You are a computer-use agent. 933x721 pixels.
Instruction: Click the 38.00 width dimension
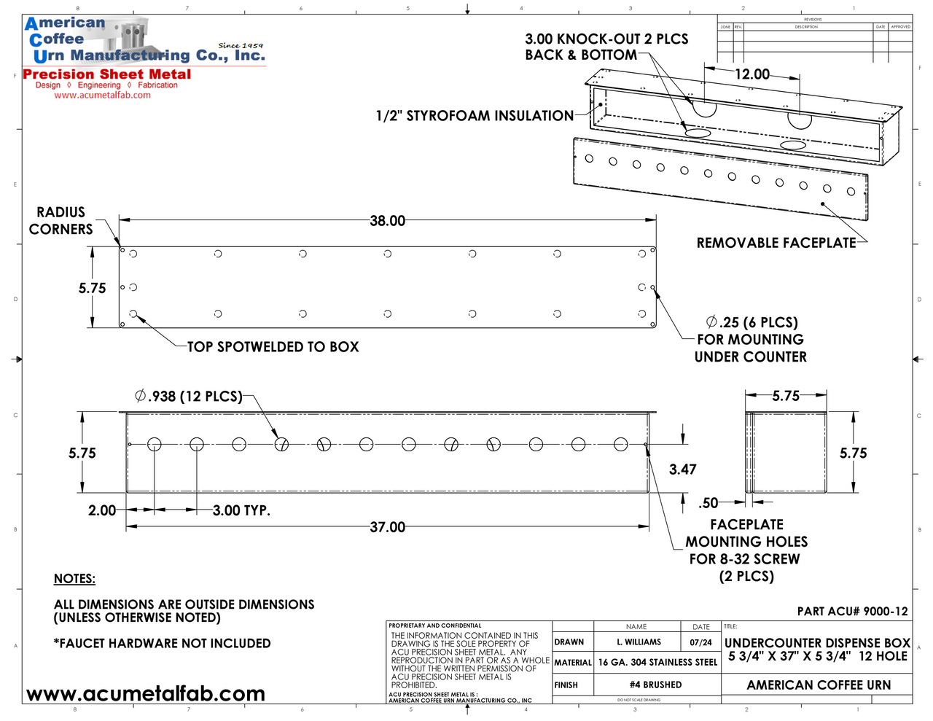(x=387, y=221)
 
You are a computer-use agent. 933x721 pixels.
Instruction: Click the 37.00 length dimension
(x=387, y=527)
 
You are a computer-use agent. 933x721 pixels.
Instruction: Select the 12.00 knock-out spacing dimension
(x=752, y=74)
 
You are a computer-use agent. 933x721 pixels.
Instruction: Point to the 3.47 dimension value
(x=683, y=469)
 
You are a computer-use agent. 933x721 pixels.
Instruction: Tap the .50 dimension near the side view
(x=708, y=503)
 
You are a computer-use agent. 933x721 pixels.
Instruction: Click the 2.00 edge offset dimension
(x=102, y=510)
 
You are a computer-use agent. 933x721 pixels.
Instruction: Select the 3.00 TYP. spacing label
(x=241, y=510)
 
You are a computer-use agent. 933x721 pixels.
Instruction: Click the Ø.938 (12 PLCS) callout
(x=189, y=397)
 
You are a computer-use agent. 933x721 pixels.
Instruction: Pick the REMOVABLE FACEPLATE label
(x=776, y=243)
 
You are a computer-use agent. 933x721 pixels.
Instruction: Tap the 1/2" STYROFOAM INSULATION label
(x=475, y=116)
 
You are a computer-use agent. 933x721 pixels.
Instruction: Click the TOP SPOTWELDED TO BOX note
(x=273, y=347)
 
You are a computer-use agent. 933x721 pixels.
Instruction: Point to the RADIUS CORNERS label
(x=61, y=221)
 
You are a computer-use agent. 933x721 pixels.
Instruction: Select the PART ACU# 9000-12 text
(x=852, y=612)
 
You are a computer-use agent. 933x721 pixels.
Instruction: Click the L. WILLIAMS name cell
(x=639, y=642)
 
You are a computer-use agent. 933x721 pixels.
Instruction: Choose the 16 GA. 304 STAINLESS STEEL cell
(x=657, y=663)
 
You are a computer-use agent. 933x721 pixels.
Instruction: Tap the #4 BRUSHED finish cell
(x=656, y=685)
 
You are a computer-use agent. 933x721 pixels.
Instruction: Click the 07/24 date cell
(x=700, y=642)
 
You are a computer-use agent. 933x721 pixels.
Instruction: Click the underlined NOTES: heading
(x=74, y=579)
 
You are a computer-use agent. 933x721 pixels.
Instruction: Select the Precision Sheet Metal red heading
(x=107, y=74)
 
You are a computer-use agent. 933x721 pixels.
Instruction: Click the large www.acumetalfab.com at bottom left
(x=146, y=694)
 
